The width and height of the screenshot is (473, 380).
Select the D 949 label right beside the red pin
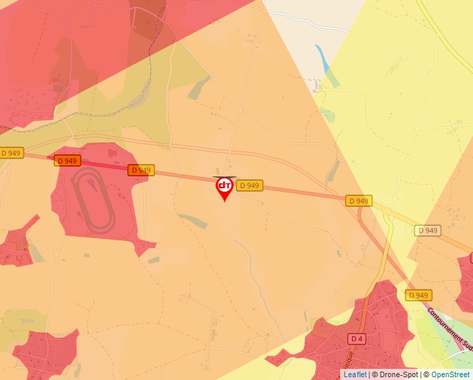tap(249, 185)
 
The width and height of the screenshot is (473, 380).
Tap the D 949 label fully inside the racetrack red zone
tap(67, 160)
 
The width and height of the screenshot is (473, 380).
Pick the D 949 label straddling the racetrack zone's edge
tap(140, 170)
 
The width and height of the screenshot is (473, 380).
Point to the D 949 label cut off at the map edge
tap(11, 153)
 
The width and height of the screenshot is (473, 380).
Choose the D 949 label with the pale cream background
tap(428, 231)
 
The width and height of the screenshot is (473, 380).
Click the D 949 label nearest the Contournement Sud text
tap(418, 295)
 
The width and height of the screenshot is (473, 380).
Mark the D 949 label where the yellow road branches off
tap(359, 201)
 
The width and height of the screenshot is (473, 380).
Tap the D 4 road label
tap(357, 338)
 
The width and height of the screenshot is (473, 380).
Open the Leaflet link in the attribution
tap(355, 374)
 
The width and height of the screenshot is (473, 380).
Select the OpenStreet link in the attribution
tap(450, 374)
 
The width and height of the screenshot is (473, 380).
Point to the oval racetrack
tap(94, 203)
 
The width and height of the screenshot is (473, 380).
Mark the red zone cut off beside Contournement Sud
tap(465, 281)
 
